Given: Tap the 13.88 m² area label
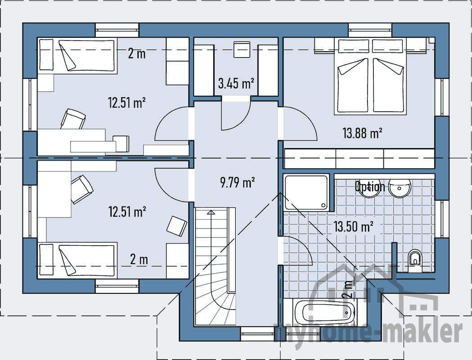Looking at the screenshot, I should (362, 133).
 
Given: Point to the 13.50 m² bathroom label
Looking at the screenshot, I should (354, 227).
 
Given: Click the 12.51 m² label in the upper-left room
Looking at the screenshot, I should (127, 103).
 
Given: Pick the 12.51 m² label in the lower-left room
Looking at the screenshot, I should (127, 211).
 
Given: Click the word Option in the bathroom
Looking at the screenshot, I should (370, 186).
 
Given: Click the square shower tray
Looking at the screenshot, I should (308, 192).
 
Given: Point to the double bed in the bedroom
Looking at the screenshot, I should (371, 76).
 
